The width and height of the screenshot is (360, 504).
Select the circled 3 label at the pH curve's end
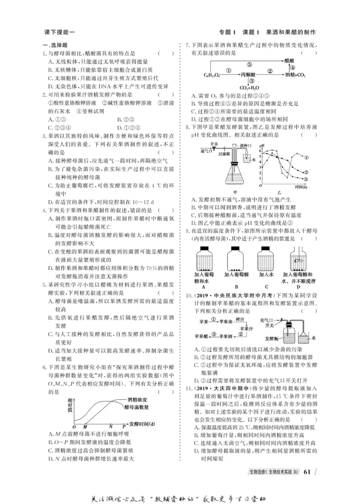point(306,179)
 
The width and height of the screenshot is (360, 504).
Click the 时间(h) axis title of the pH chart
point(302,186)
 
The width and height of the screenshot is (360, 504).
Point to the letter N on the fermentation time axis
point(111,425)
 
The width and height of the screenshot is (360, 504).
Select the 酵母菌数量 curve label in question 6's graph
point(137,407)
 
